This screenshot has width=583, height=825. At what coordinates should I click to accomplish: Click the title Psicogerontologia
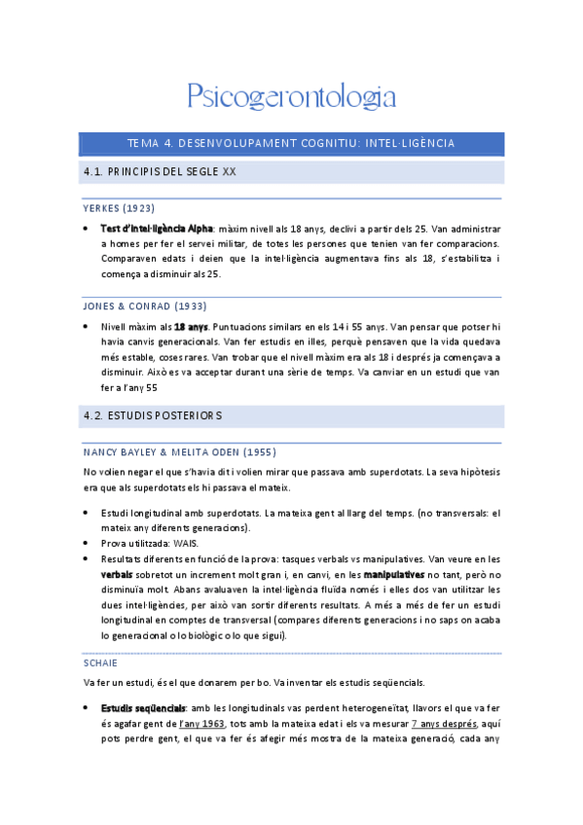pos(291,96)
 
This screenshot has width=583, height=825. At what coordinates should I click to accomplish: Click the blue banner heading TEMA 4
pos(291,144)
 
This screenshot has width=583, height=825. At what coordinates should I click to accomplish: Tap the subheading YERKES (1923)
pos(119,208)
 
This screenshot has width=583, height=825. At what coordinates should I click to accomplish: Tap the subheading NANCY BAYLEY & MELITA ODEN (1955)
pos(178,451)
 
